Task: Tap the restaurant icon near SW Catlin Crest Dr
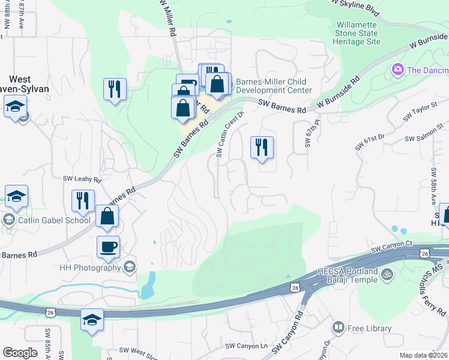[262, 148]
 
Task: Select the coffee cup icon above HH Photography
[108, 247]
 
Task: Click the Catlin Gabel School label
[54, 220]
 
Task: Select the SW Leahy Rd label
[83, 179]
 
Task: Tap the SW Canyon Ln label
[246, 346]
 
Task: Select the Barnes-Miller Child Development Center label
[274, 86]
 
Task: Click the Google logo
[20, 353]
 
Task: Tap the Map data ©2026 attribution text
[423, 355]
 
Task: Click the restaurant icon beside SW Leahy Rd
[83, 200]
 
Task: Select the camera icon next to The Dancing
[397, 70]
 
